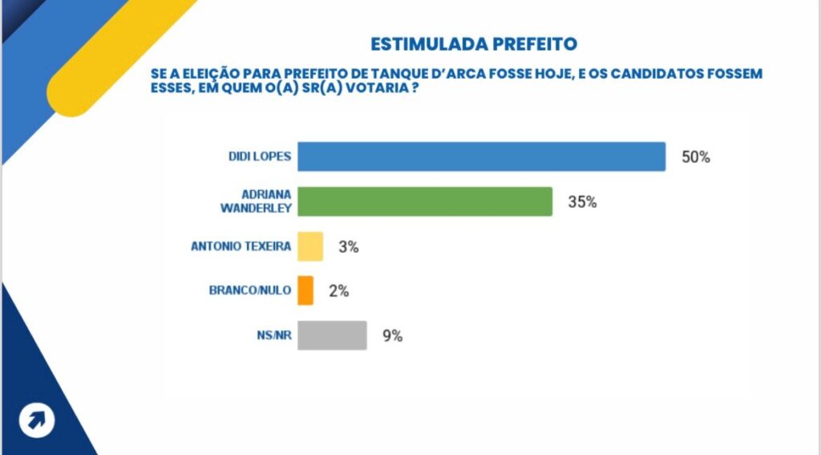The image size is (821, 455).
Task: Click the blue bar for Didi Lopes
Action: click(481, 156)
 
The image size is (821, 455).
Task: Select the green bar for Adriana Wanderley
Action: click(425, 201)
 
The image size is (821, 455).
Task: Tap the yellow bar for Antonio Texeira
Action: click(310, 246)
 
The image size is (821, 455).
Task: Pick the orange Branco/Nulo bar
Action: click(305, 290)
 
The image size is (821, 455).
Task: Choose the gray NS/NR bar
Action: click(332, 335)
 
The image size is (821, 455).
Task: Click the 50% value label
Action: click(696, 157)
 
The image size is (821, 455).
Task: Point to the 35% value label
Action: click(583, 202)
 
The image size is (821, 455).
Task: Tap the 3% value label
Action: click(348, 247)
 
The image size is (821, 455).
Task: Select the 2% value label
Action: click(338, 291)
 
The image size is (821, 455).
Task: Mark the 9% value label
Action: click(392, 336)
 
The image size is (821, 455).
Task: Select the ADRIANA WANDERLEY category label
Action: click(259, 201)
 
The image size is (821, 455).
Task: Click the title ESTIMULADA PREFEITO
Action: click(473, 43)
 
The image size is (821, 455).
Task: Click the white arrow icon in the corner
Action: click(37, 420)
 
